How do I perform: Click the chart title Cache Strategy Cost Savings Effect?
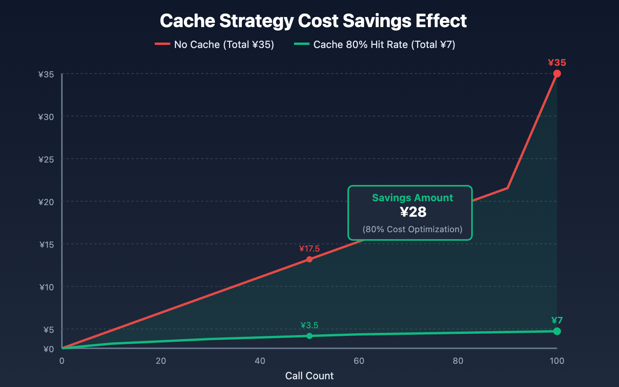(x=313, y=21)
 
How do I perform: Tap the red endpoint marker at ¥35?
(x=557, y=74)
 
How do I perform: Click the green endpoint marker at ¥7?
(x=557, y=331)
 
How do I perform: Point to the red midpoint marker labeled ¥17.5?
(x=309, y=259)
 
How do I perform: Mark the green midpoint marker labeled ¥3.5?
(x=309, y=336)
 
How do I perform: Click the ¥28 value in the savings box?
(x=413, y=212)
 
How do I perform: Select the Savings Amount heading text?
(x=412, y=198)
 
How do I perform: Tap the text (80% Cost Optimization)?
(x=412, y=229)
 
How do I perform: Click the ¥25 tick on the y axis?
(x=46, y=159)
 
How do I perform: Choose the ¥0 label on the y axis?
(x=48, y=349)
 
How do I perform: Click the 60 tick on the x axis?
(x=359, y=361)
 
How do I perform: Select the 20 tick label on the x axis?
(x=161, y=361)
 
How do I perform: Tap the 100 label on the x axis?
(x=557, y=361)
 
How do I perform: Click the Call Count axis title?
(x=309, y=376)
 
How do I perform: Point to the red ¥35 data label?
(x=557, y=63)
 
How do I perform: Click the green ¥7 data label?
(x=557, y=320)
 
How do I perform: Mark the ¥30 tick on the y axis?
(x=46, y=116)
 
